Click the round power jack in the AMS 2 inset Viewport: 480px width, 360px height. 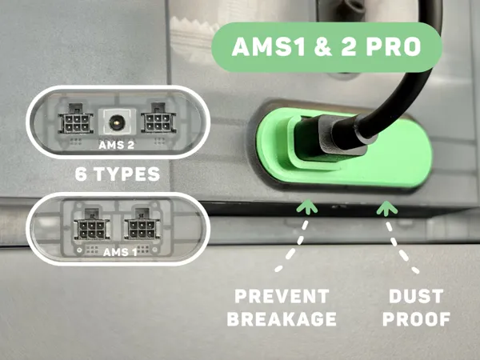(117, 122)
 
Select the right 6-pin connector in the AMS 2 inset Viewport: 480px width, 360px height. (158, 118)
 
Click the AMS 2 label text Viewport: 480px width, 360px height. (116, 145)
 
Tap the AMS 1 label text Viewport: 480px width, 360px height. (120, 252)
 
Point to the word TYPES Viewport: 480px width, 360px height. (126, 174)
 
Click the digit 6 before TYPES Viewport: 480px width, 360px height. (81, 174)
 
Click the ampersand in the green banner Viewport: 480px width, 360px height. (324, 47)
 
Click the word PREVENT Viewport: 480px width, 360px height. (282, 296)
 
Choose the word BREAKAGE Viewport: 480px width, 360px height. (282, 319)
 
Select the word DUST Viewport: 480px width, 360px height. (416, 296)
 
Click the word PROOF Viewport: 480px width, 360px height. (416, 319)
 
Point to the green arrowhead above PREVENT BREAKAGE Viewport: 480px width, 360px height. (307, 206)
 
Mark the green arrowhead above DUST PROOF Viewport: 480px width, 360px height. (387, 207)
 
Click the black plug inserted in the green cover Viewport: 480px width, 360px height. (330, 138)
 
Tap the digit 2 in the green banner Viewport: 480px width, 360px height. (349, 47)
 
